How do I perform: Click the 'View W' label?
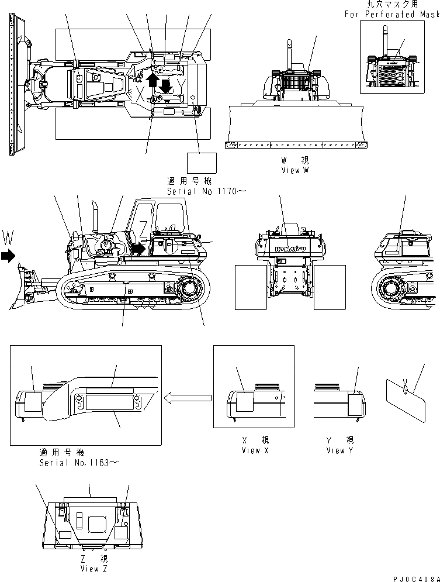[294, 170]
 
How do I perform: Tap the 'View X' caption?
[255, 450]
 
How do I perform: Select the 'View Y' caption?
[340, 450]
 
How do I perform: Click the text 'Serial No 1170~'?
[202, 191]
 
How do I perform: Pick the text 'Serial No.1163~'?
[79, 463]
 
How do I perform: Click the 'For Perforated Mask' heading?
[391, 14]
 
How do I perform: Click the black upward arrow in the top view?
[153, 80]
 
